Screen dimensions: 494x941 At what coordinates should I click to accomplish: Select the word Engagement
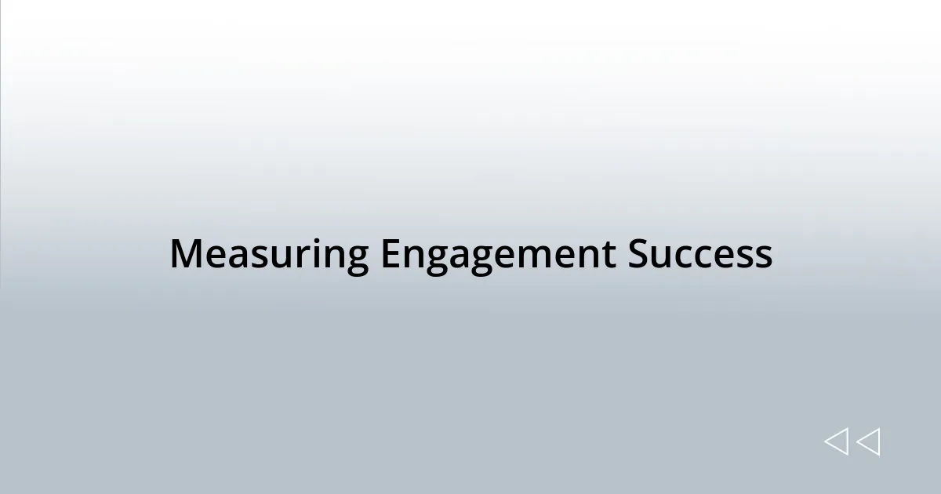(x=498, y=255)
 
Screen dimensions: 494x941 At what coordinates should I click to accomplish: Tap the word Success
(x=699, y=255)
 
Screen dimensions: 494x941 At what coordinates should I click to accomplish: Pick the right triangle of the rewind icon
(x=869, y=442)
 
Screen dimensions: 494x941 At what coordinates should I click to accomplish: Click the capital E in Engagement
(x=390, y=255)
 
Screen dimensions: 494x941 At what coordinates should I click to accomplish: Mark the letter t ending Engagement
(x=609, y=255)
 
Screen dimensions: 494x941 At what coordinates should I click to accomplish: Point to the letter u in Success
(x=661, y=255)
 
